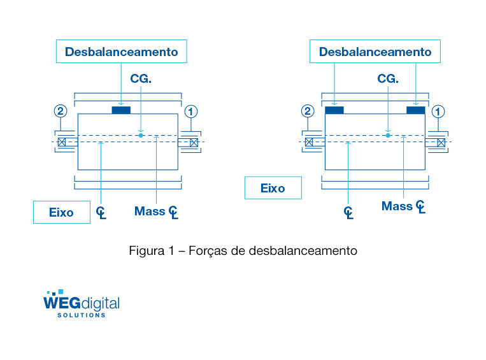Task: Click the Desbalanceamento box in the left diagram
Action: (121, 52)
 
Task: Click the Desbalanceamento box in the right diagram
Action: (375, 52)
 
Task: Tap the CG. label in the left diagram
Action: (141, 78)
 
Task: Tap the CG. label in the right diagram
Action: (388, 78)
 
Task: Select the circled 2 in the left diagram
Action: (61, 111)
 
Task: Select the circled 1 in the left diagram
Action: (190, 111)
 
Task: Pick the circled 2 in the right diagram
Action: (308, 111)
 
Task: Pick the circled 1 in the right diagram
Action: (438, 111)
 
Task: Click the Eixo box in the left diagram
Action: (61, 212)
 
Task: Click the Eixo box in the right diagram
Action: (273, 188)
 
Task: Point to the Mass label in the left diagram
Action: (150, 211)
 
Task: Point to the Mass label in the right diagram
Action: (397, 206)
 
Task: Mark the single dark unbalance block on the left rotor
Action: (121, 110)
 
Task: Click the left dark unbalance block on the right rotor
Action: (334, 110)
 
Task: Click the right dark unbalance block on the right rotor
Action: (415, 110)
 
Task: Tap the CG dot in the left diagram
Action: (141, 135)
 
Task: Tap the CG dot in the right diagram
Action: (388, 135)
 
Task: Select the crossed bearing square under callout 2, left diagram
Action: (62, 141)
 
